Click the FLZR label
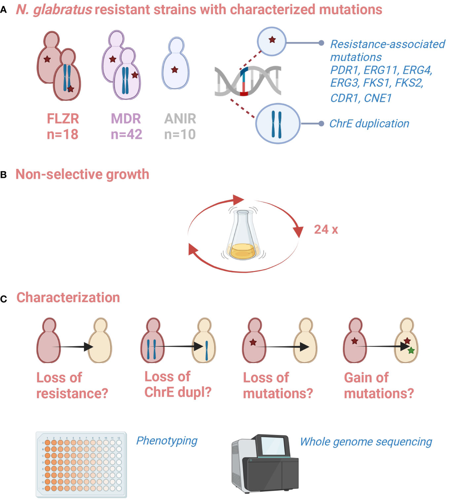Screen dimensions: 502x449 click(63, 119)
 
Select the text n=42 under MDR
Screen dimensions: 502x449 click(126, 134)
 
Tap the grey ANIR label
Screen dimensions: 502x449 click(180, 119)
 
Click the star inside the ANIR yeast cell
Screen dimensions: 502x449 click(174, 70)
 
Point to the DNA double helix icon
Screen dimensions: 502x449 click(248, 81)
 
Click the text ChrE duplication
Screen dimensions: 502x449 click(369, 124)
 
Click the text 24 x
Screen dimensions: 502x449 click(326, 229)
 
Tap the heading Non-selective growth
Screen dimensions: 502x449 click(82, 174)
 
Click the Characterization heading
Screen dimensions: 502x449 click(68, 298)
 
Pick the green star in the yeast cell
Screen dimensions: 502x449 click(411, 350)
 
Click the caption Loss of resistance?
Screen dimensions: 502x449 click(72, 386)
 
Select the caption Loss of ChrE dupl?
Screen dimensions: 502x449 click(178, 384)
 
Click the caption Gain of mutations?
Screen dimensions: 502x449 click(379, 386)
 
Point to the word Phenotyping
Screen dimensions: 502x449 click(167, 441)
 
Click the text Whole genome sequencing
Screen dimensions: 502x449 click(366, 442)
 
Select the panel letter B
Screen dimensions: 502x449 click(4, 175)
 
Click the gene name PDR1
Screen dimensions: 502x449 click(343, 70)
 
